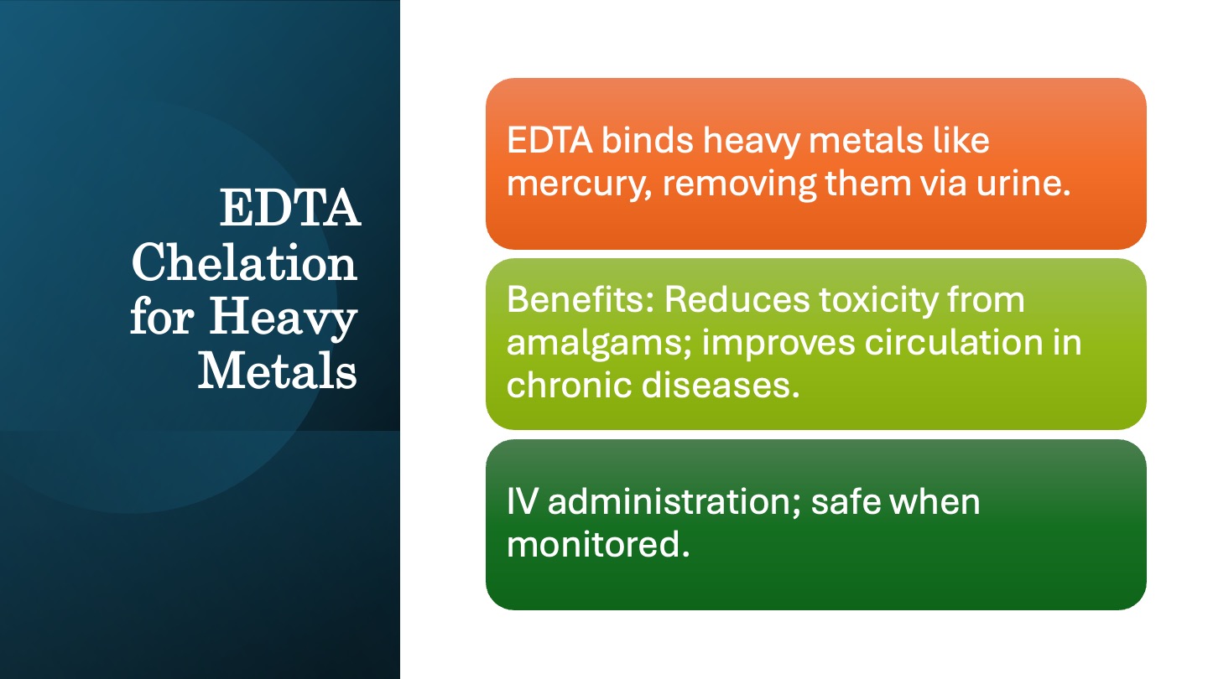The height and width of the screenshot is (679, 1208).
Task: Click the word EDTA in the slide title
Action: coord(290,208)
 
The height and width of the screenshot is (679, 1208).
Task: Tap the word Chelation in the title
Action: coord(244,262)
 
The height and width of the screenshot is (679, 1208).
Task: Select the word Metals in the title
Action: coord(277,371)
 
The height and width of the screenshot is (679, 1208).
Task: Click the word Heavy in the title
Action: coord(284,319)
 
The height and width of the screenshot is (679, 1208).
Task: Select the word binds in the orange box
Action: coord(647,140)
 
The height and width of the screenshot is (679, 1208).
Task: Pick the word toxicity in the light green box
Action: coord(879,301)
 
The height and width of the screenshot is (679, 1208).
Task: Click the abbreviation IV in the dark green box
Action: coord(522,501)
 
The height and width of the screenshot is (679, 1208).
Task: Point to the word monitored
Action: coord(598,544)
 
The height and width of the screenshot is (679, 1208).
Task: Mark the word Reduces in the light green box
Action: coord(737,299)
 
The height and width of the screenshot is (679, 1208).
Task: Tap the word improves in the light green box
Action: coord(778,344)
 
